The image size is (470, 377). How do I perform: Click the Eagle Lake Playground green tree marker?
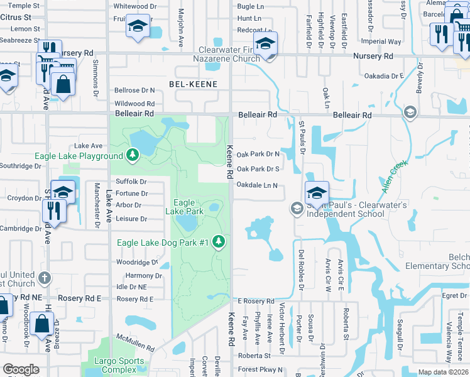(132, 155)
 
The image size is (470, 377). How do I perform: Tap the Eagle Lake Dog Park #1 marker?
(219, 241)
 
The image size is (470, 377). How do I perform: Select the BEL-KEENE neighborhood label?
(194, 84)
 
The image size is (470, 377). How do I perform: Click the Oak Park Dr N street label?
(258, 153)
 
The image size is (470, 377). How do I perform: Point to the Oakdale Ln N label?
(258, 185)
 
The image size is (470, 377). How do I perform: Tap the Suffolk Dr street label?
(131, 182)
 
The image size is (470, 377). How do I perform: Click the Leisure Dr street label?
(131, 219)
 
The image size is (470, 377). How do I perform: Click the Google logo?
(21, 369)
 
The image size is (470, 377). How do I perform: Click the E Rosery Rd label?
(256, 302)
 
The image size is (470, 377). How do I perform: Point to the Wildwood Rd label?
(134, 104)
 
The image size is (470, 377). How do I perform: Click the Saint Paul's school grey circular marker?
(296, 208)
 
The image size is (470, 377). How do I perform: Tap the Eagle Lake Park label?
(189, 207)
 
